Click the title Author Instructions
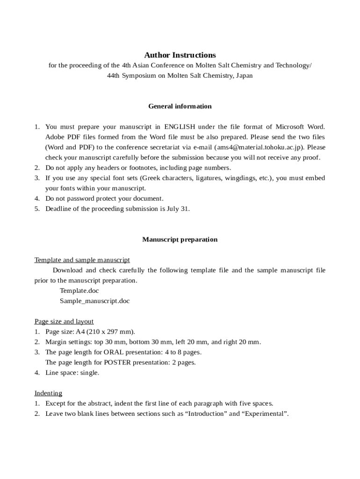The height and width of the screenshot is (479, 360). (x=180, y=55)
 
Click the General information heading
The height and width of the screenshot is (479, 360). (x=180, y=106)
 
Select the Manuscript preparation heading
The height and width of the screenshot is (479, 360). (x=180, y=239)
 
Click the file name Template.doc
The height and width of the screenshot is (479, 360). (x=79, y=290)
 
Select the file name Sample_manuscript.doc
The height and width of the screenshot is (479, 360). (x=95, y=301)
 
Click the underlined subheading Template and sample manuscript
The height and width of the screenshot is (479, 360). (x=82, y=260)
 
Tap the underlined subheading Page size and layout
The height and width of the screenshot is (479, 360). (x=64, y=321)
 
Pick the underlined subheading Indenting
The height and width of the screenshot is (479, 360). (x=48, y=393)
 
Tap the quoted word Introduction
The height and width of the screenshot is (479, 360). (x=204, y=414)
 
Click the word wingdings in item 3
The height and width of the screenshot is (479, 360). (x=239, y=178)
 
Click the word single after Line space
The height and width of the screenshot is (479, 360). (x=89, y=373)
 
